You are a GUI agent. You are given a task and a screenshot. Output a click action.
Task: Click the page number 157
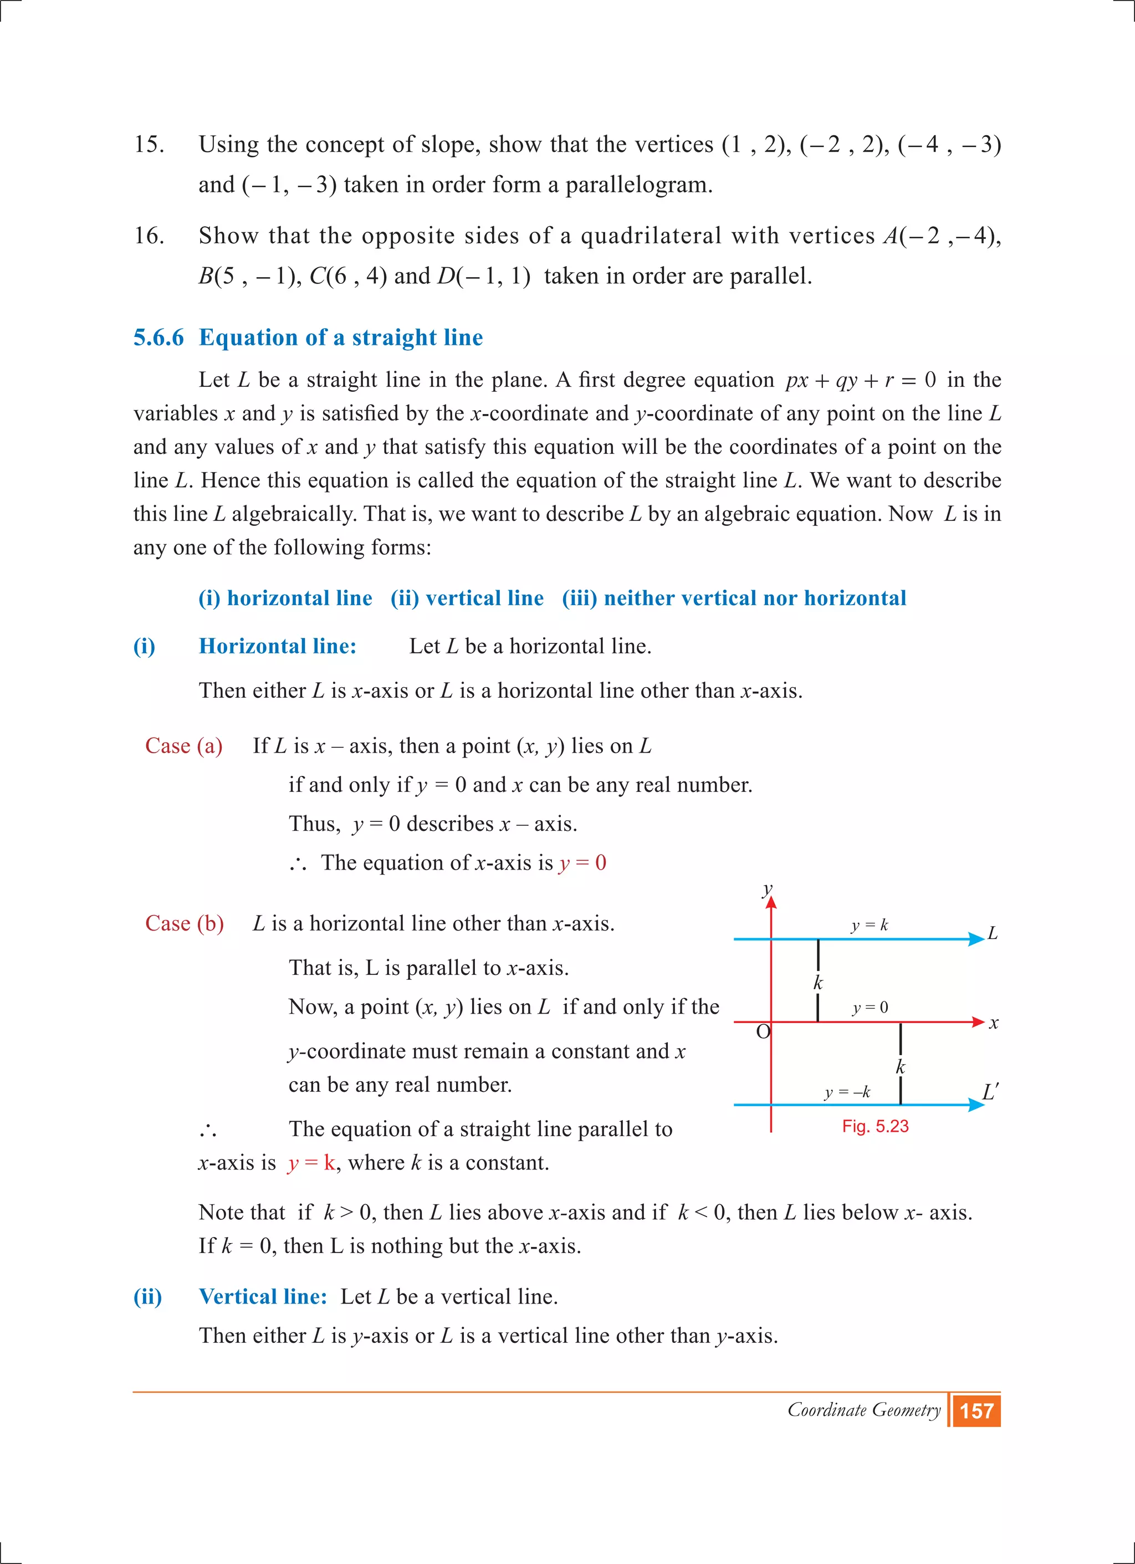pos(976,1411)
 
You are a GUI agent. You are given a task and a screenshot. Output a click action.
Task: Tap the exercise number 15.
pos(149,144)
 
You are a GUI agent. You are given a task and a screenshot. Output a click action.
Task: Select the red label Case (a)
pos(183,746)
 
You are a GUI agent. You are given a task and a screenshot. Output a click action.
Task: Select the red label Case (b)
pos(184,923)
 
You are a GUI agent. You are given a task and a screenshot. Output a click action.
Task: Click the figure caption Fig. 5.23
pos(875,1126)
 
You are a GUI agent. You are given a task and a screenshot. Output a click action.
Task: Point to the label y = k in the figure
pos(870,926)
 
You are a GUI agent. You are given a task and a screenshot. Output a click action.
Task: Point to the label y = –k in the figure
pos(847,1092)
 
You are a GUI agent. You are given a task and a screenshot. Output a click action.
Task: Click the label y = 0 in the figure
pos(870,1008)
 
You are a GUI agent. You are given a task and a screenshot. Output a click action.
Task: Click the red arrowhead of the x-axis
pos(978,1022)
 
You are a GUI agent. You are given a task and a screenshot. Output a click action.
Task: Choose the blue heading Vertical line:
pos(263,1296)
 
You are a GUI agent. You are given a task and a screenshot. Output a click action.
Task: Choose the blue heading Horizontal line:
pos(277,646)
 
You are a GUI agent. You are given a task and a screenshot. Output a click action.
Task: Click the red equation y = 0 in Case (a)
pos(582,863)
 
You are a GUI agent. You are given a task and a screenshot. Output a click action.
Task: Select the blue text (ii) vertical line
pos(467,598)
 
